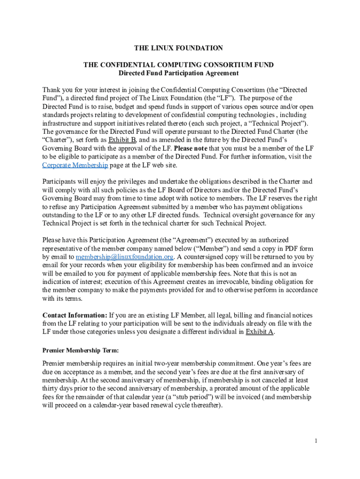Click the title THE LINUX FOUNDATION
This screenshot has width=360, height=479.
178,48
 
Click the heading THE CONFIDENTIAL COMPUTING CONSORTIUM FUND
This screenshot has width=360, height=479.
178,65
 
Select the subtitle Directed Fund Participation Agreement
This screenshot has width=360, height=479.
179,73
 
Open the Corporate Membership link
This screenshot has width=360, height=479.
75,165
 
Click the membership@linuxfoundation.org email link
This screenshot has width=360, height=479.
125,257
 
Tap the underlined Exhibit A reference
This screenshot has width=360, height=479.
259,332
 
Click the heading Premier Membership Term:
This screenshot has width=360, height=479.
80,350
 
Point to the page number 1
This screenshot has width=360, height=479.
316,441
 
